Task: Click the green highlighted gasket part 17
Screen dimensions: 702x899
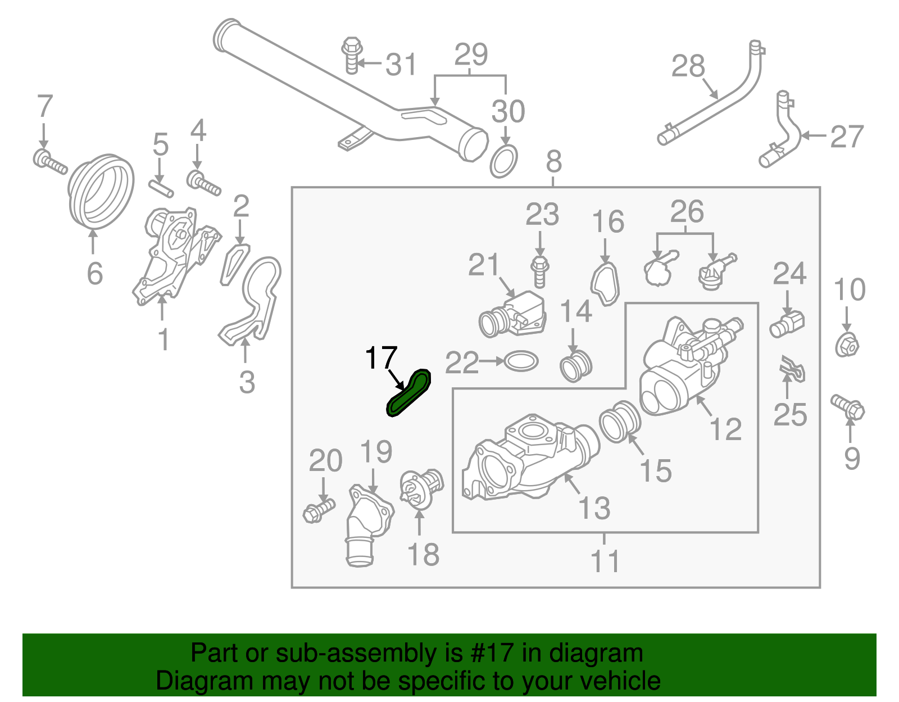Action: (x=408, y=393)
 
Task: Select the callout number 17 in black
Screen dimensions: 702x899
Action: (x=381, y=358)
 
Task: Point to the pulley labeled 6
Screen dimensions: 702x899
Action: (x=101, y=192)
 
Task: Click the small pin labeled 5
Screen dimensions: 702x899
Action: (x=162, y=188)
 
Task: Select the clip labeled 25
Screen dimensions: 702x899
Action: (x=792, y=368)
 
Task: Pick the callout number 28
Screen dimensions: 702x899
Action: (x=688, y=66)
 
